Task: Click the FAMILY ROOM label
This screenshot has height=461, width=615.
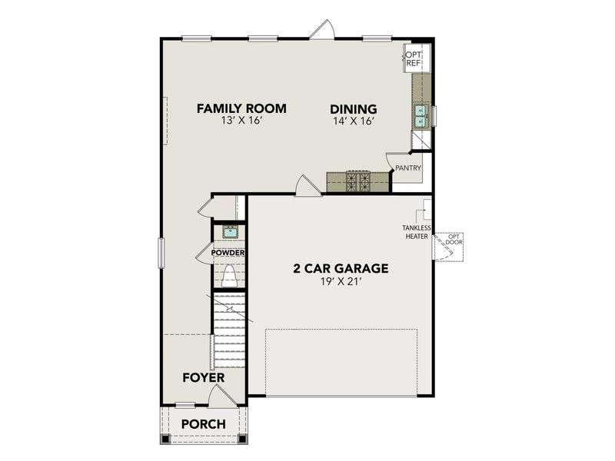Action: (x=241, y=108)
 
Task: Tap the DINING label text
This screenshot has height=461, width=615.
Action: (x=354, y=108)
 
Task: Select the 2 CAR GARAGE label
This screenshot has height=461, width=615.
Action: (x=341, y=269)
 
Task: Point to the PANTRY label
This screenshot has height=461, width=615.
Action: (x=407, y=167)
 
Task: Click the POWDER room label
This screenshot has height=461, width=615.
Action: (x=229, y=253)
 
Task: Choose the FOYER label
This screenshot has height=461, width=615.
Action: (x=203, y=378)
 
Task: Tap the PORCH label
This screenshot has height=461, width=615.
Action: (x=203, y=424)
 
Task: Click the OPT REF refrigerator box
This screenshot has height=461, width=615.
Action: (x=414, y=59)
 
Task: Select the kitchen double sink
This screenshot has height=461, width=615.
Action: (x=420, y=115)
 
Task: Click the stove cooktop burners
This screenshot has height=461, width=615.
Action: (x=358, y=181)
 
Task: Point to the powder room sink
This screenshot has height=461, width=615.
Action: (x=229, y=230)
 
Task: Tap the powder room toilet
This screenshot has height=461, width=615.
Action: (x=229, y=275)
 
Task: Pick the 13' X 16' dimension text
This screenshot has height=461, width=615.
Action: (x=241, y=122)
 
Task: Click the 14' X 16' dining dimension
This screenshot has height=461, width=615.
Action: (x=354, y=122)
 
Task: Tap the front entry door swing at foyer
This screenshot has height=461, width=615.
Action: (x=218, y=395)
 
